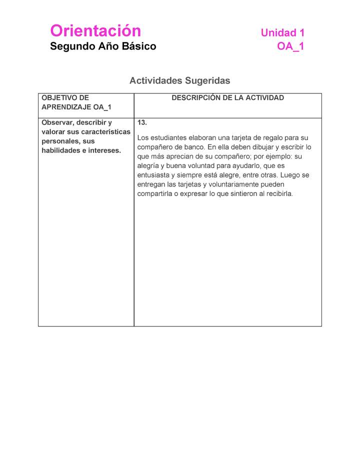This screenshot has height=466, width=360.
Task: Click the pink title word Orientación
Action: tap(95, 31)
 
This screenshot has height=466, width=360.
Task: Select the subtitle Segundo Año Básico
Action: tap(103, 46)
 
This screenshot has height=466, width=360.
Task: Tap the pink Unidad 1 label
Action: tap(282, 33)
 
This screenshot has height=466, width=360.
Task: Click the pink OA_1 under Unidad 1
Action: tap(290, 47)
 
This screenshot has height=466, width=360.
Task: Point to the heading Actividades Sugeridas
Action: tap(179, 80)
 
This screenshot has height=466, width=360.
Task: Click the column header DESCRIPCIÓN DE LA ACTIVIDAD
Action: tap(227, 98)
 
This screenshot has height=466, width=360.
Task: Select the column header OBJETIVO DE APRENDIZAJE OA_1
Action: tap(76, 102)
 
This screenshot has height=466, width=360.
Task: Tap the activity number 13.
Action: tap(142, 122)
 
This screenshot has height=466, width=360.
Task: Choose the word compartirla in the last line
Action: tap(155, 194)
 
